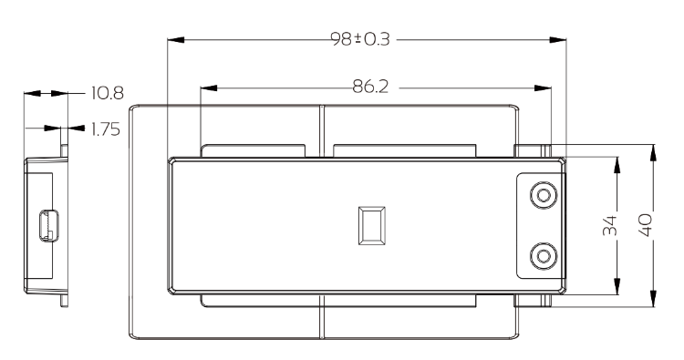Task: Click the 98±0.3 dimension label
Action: (360, 39)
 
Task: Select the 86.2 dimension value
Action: (370, 87)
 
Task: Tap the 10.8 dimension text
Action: (108, 93)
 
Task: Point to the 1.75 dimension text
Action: (106, 129)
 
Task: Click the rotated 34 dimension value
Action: (610, 225)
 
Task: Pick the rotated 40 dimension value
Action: (646, 225)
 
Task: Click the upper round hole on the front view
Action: (544, 195)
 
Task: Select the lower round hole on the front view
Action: (544, 256)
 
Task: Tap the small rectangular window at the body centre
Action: (372, 225)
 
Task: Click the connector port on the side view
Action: (49, 225)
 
